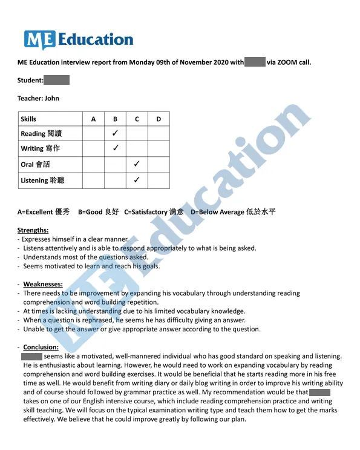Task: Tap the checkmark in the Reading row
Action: (115, 133)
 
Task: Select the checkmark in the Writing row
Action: (115, 148)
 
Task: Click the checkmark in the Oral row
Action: (137, 164)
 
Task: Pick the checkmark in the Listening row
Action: (137, 180)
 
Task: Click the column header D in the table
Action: (159, 119)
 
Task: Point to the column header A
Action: (93, 119)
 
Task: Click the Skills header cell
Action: (28, 119)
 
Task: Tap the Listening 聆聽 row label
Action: (42, 180)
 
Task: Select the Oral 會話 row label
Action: (35, 164)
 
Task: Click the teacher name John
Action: (52, 98)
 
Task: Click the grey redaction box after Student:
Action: (57, 80)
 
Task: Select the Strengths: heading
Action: (33, 230)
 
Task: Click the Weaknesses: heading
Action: (43, 284)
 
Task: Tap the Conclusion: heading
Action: (41, 347)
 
